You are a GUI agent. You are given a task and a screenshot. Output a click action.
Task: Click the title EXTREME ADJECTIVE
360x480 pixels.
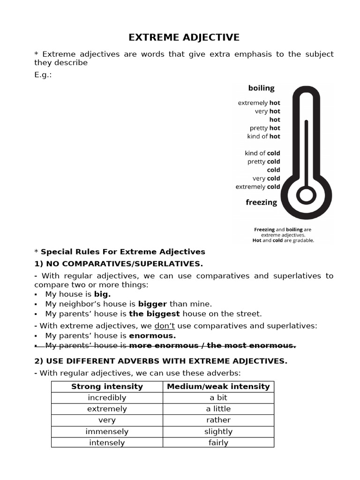(x=184, y=37)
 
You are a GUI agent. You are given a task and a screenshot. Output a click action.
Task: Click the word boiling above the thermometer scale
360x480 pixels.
(x=261, y=88)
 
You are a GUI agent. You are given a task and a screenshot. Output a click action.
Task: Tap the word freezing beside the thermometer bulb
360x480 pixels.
(x=261, y=202)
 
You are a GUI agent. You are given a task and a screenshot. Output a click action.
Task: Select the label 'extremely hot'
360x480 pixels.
(x=259, y=103)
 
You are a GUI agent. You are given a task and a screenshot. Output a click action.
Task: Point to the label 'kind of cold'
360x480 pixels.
(x=262, y=153)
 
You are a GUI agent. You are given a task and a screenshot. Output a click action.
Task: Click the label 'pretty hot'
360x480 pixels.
(x=265, y=128)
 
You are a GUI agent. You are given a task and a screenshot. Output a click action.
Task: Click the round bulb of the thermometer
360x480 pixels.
(x=306, y=195)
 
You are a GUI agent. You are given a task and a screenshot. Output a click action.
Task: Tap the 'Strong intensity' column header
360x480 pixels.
(x=107, y=386)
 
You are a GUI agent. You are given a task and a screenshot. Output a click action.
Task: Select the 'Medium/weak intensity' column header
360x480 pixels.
(x=218, y=386)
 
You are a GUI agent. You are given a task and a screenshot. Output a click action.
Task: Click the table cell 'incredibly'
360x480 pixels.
(x=107, y=397)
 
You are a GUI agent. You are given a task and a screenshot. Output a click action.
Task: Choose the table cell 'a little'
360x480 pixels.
(x=218, y=409)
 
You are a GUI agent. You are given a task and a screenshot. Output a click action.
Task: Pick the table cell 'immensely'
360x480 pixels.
(x=107, y=431)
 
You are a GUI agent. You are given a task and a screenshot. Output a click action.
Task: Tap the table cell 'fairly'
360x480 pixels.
(x=218, y=442)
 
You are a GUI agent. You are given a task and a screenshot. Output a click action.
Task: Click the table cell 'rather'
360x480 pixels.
(x=218, y=420)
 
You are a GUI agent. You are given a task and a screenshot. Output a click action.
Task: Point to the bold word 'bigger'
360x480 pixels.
(x=152, y=304)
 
